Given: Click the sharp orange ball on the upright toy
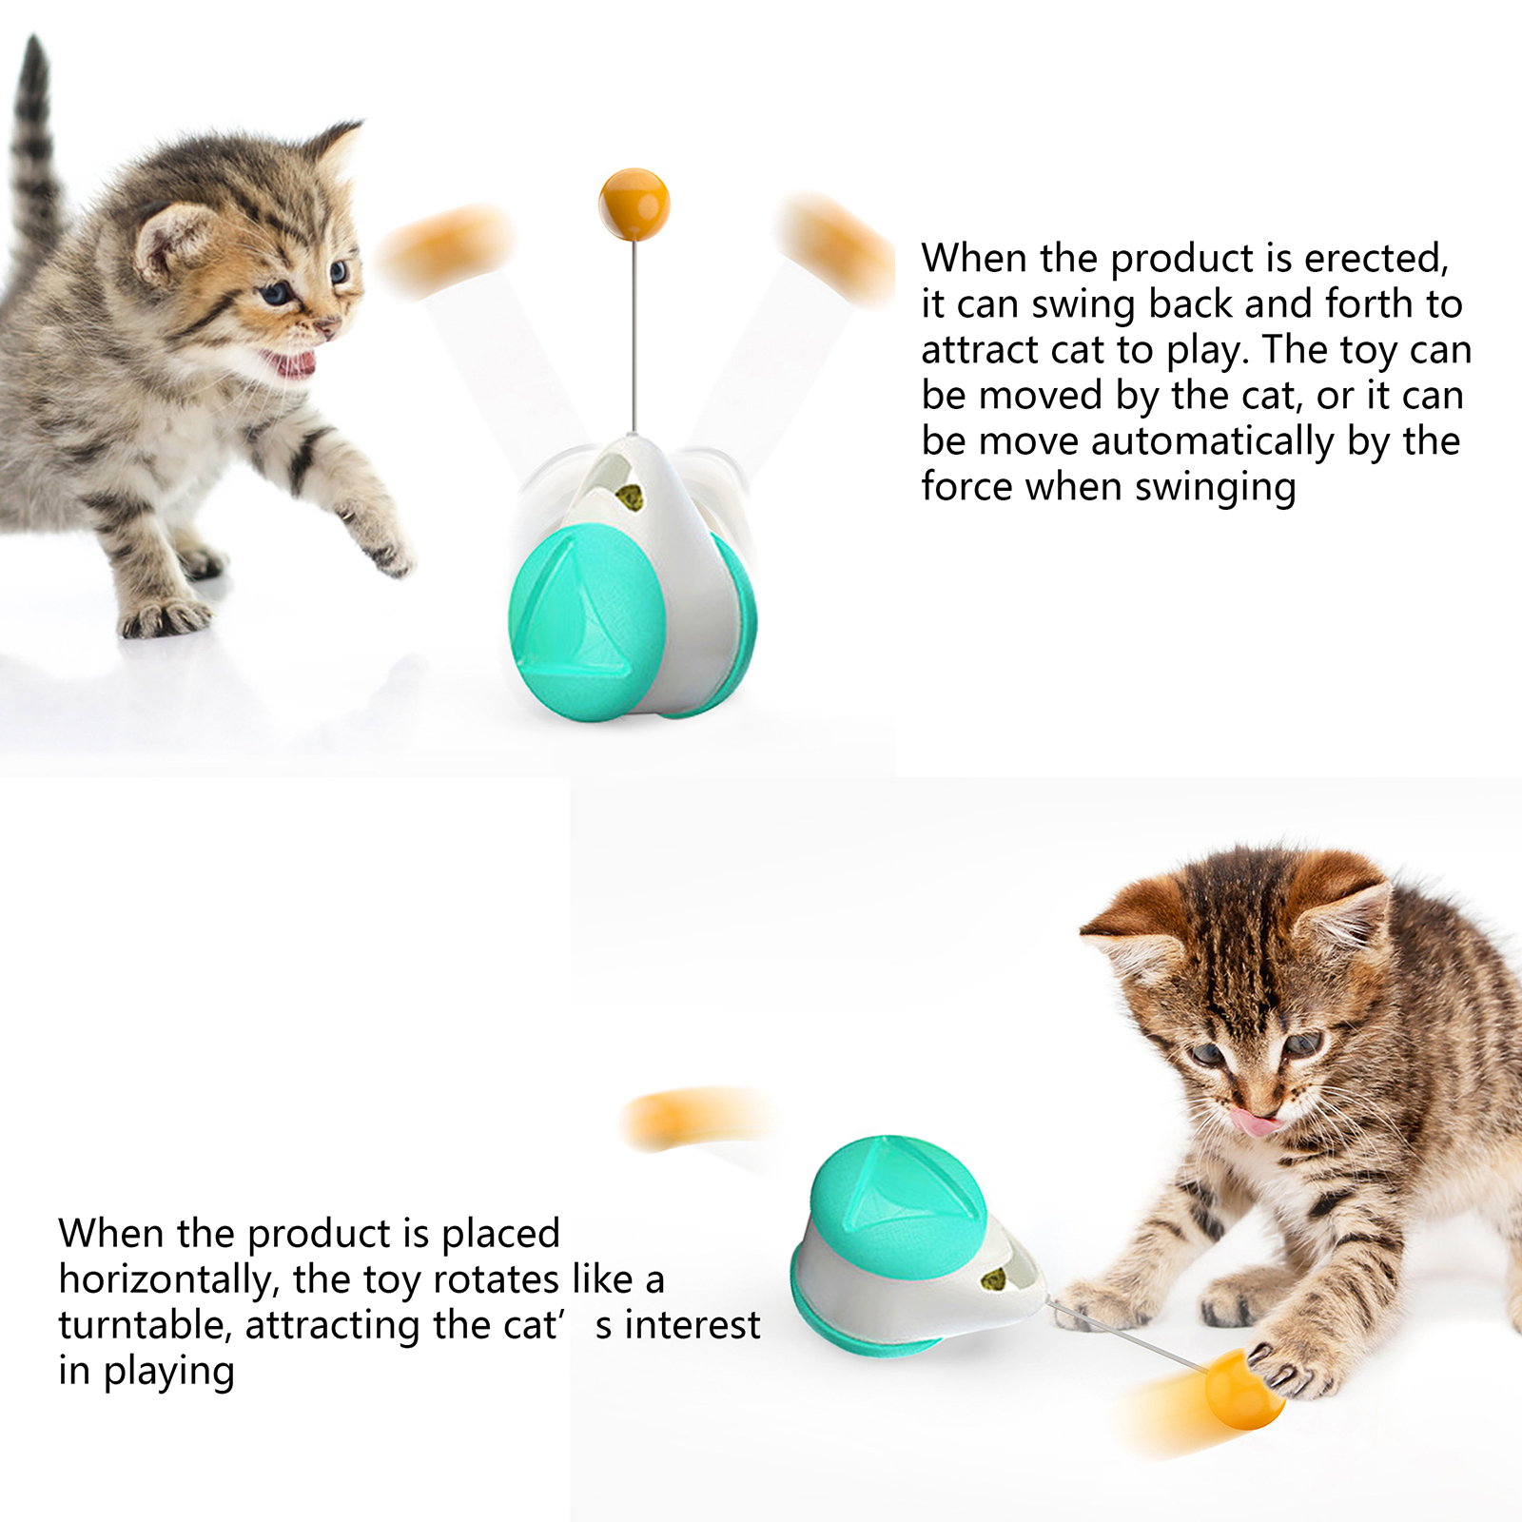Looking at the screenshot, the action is point(634,204).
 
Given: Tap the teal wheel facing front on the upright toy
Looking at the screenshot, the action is point(587,624).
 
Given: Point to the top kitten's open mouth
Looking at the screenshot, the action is point(289,362).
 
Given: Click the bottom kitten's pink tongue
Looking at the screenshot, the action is point(1256,1122).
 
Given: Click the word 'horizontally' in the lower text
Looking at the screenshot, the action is point(168,1280).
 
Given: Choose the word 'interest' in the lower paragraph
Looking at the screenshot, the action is point(693,1325).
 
